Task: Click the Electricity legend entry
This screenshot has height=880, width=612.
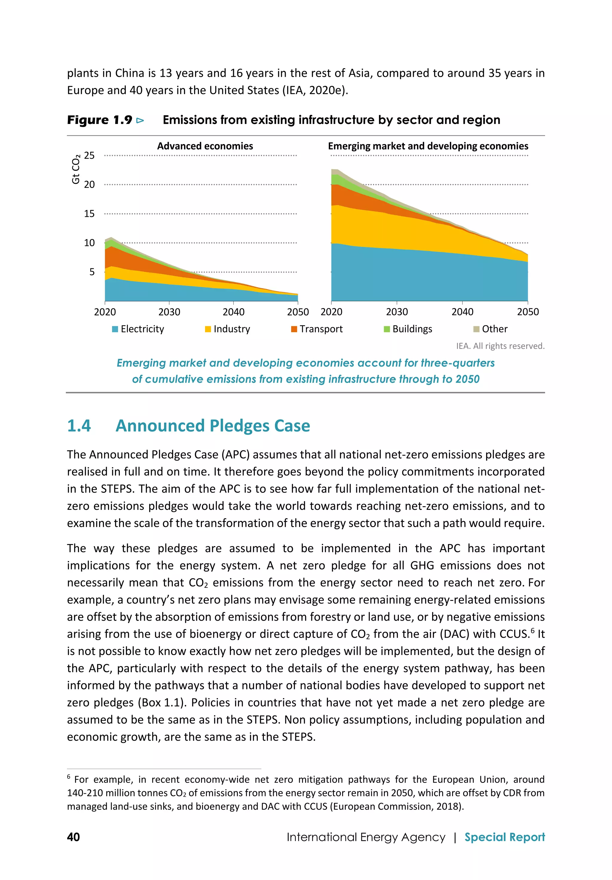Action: click(x=138, y=329)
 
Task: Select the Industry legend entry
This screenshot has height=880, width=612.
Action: click(x=228, y=329)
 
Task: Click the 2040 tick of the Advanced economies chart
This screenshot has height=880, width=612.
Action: click(x=233, y=312)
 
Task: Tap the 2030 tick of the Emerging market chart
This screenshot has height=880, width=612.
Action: click(x=397, y=312)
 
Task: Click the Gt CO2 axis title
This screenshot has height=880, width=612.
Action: click(x=76, y=169)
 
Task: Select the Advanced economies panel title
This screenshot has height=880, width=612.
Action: click(x=205, y=146)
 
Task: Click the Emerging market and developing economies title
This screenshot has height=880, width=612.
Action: click(x=428, y=146)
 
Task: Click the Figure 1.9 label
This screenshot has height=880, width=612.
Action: click(x=100, y=120)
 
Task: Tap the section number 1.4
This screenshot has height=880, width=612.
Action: click(x=79, y=426)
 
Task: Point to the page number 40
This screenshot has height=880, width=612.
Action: click(x=73, y=837)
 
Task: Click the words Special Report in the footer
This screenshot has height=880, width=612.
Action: click(x=504, y=837)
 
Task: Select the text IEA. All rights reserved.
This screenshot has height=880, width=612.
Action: click(x=500, y=346)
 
